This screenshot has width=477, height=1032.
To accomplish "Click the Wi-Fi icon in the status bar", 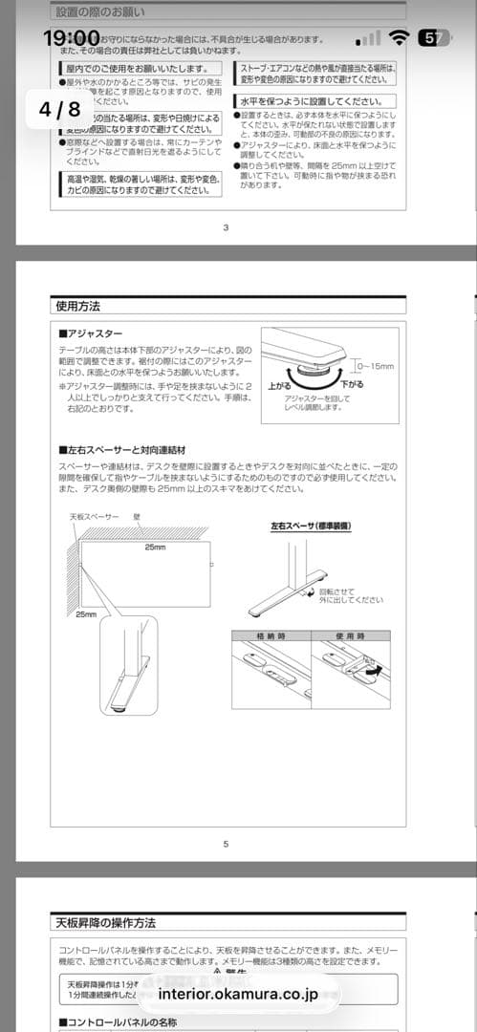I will click(400, 38).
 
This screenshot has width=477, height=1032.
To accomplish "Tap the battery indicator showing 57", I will click(435, 38).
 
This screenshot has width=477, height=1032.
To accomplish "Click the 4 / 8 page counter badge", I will click(59, 108).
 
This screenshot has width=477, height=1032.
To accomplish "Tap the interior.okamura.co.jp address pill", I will click(239, 994).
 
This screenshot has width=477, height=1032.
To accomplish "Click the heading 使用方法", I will click(76, 307).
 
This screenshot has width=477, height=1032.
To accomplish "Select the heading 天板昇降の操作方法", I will click(104, 923).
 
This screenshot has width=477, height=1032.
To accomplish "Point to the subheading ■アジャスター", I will click(91, 334).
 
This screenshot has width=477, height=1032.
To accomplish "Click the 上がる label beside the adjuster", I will click(278, 386).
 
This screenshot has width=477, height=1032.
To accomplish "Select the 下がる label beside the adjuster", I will click(353, 383).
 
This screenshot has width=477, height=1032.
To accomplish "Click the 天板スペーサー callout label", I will click(94, 516).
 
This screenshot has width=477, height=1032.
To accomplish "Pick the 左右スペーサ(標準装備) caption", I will click(311, 525).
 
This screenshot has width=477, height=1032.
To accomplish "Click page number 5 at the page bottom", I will click(226, 844).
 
